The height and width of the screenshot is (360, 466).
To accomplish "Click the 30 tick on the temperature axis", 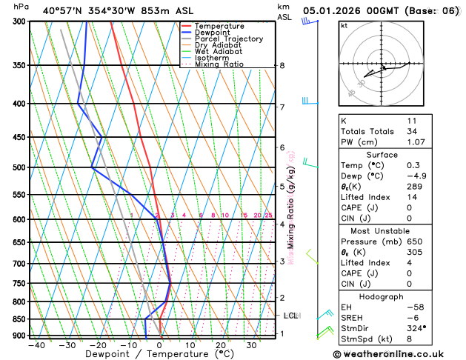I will (x=251, y=344).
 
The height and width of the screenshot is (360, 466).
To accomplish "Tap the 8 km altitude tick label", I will (x=282, y=65).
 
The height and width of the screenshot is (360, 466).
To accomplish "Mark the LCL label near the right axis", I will (x=290, y=316).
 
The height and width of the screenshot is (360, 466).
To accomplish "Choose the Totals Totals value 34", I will (x=412, y=131).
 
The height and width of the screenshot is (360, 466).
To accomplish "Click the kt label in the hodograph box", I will (x=344, y=26).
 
